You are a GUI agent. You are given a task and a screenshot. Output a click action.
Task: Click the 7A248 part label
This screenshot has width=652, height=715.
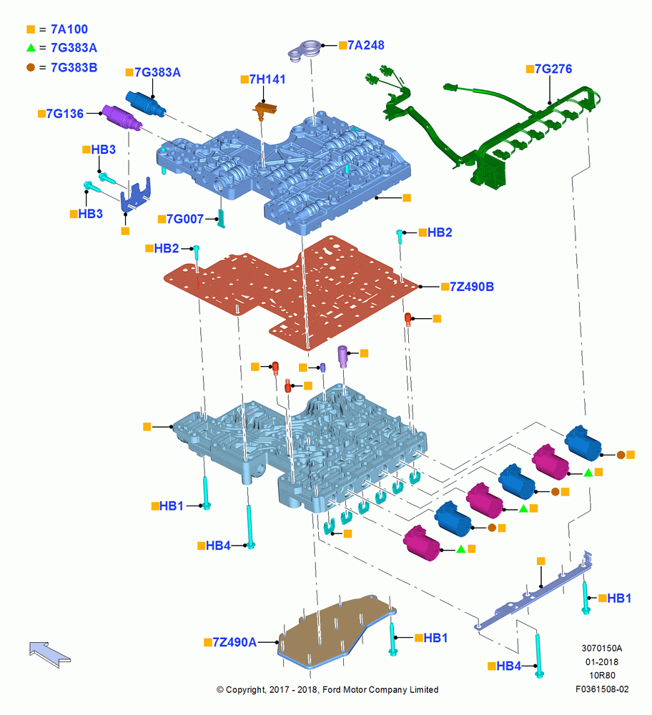(365, 45)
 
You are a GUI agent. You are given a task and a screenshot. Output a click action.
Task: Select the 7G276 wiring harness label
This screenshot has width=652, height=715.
(553, 69)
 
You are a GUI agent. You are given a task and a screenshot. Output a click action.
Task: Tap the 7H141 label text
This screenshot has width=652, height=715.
(267, 79)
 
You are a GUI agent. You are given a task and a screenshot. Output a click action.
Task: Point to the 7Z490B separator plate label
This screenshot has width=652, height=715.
(472, 287)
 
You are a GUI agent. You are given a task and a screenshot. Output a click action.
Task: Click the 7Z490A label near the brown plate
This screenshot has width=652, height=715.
(234, 642)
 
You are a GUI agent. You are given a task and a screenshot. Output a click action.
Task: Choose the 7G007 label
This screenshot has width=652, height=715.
(184, 219)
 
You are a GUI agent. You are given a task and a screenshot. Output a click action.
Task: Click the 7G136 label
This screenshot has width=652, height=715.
(65, 114)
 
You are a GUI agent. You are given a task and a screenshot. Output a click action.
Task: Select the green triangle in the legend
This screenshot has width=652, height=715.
(31, 47)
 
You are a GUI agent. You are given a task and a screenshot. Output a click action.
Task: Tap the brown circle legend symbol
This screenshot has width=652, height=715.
(31, 67)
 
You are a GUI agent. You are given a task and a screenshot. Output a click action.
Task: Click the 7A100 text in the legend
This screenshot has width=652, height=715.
(69, 29)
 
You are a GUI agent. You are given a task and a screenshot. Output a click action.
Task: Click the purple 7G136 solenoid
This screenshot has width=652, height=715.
(122, 117)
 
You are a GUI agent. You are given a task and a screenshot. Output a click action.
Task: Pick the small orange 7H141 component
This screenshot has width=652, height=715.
(265, 110)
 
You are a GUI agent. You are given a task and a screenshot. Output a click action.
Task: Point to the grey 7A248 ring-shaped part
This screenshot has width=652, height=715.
(305, 50)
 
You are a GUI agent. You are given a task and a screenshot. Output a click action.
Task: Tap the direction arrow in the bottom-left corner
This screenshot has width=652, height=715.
(49, 654)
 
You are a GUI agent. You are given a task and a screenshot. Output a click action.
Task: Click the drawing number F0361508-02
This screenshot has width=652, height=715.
(602, 689)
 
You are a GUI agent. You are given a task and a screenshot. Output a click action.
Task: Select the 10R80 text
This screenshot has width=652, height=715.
(602, 676)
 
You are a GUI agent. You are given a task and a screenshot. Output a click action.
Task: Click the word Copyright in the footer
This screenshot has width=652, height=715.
(245, 690)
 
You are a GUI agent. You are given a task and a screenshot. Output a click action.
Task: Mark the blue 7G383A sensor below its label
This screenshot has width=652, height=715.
(146, 104)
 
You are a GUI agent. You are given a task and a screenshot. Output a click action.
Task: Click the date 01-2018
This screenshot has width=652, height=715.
(602, 661)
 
